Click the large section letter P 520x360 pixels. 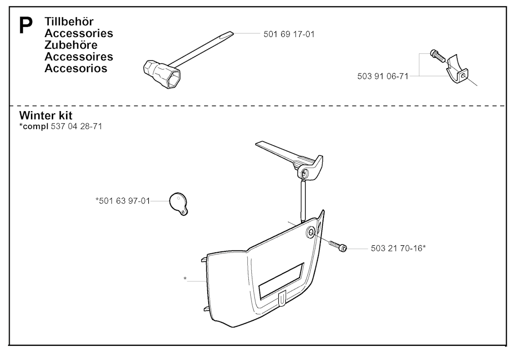point(26,25)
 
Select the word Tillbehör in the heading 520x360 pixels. point(69,21)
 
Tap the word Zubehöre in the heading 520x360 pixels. point(71,45)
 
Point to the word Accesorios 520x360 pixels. point(76,68)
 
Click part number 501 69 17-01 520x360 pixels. point(289,34)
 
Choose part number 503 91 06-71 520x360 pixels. point(383,76)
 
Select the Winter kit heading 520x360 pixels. point(46,115)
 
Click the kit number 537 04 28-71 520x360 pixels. point(77,126)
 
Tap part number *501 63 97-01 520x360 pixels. point(123,201)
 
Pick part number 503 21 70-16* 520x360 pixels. point(398,248)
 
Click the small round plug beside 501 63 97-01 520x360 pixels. point(179,204)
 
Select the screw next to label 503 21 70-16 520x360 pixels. point(338,246)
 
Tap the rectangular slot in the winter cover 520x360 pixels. point(281,280)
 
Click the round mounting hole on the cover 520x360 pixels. point(312,233)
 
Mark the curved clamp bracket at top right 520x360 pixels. point(457,70)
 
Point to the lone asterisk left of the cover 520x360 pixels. point(185,279)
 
